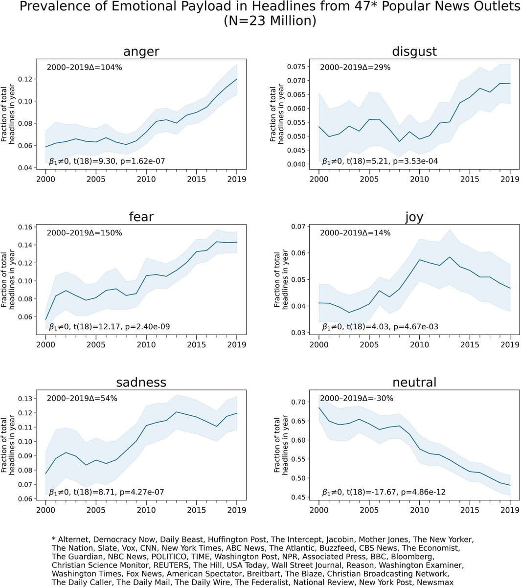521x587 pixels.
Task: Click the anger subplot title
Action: tap(141, 51)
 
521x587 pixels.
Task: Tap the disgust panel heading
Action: tap(414, 51)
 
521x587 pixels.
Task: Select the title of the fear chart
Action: tap(141, 217)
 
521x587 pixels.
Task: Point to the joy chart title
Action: tap(414, 217)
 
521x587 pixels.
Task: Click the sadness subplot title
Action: tap(141, 382)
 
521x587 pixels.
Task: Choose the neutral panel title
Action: tap(414, 382)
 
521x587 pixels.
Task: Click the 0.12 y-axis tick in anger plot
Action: tap(25, 79)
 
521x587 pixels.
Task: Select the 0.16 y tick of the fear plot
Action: tap(25, 227)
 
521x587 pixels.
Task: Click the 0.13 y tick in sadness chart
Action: tap(25, 399)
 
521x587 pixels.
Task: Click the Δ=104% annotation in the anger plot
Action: tap(84, 68)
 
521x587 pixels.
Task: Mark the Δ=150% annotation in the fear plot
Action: tap(84, 233)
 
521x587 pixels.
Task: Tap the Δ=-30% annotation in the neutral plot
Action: tap(357, 398)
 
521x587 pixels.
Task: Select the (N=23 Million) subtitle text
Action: tap(270, 21)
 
